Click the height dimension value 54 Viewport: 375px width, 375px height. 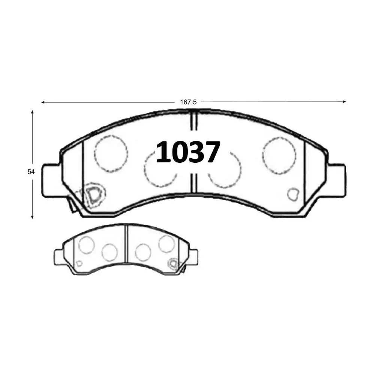click(x=31, y=172)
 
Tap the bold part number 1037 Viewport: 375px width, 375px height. click(x=188, y=153)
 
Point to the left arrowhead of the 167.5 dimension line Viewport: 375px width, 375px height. click(x=43, y=102)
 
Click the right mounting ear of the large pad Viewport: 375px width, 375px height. click(x=336, y=180)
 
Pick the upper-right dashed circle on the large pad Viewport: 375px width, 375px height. click(x=279, y=154)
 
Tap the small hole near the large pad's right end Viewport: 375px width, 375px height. click(x=292, y=194)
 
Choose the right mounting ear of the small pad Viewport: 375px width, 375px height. click(x=193, y=257)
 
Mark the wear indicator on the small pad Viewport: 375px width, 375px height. click(x=173, y=264)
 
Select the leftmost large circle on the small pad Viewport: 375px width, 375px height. click(x=86, y=245)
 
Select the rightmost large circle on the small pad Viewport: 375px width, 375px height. click(x=166, y=244)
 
